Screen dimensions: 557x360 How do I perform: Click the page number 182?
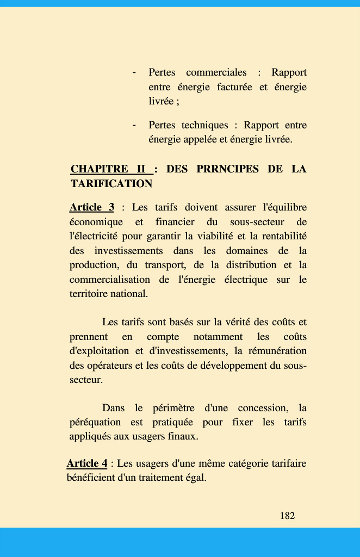tap(287, 516)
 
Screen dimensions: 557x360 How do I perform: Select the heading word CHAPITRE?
tap(100, 169)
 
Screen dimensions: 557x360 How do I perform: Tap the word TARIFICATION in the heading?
tap(111, 184)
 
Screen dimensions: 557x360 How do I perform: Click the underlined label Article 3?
tap(92, 207)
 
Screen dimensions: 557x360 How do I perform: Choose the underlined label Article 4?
tap(87, 463)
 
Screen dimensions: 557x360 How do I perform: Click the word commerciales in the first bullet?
tap(216, 72)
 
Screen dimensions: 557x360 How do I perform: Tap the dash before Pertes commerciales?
tap(133, 72)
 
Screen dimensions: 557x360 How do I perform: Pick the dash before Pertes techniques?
tap(133, 125)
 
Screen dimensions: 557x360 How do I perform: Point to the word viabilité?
tap(209, 237)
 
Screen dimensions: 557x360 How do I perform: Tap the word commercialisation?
tap(109, 280)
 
